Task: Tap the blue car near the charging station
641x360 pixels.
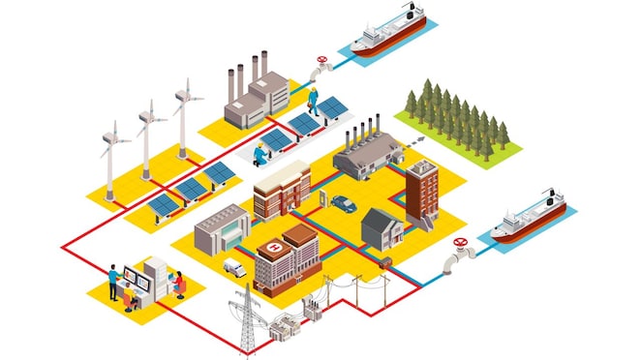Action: tap(341, 203)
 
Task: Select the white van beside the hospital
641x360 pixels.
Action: tap(234, 267)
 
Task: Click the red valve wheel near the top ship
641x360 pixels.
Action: tap(321, 66)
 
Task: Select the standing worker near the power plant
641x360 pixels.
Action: tap(313, 100)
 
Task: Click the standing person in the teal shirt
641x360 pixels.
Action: tap(113, 281)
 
